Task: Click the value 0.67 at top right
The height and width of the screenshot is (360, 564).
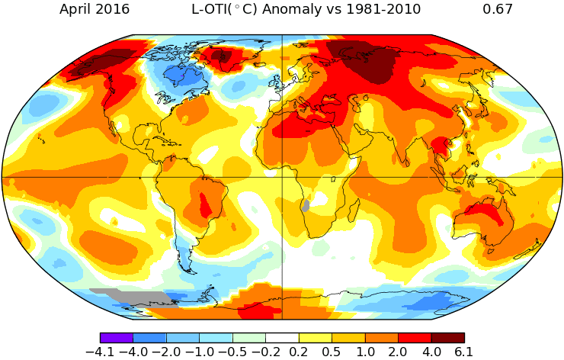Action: (x=498, y=10)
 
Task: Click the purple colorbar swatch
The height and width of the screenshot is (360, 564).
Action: (x=117, y=337)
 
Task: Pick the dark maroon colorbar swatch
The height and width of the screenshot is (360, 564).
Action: (x=447, y=337)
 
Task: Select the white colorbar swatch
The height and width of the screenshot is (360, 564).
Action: (x=282, y=337)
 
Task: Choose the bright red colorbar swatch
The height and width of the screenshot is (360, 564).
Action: (x=414, y=337)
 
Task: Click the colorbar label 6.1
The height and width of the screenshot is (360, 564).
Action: (x=463, y=352)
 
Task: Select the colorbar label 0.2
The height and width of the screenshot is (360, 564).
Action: (x=298, y=352)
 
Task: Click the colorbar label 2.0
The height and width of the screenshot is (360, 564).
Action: (x=397, y=352)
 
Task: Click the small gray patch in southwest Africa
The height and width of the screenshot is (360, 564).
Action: (x=306, y=205)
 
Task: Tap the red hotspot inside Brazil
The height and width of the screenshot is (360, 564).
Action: (x=205, y=204)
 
